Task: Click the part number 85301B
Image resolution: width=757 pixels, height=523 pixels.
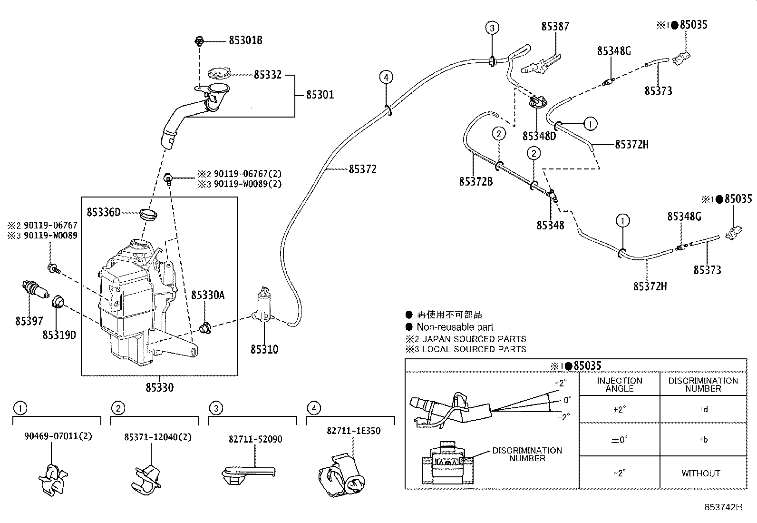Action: tap(245, 40)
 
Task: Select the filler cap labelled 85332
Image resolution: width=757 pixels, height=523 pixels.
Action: tap(219, 75)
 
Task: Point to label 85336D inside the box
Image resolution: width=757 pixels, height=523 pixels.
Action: tap(103, 211)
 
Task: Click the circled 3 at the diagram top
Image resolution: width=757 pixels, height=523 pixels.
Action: tap(492, 28)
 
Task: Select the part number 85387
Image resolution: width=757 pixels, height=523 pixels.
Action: tap(554, 26)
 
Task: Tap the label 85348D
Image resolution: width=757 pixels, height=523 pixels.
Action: tap(539, 136)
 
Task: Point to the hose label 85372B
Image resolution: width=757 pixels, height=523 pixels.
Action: tap(476, 181)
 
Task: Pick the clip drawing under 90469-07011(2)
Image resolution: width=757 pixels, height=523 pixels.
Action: tap(52, 478)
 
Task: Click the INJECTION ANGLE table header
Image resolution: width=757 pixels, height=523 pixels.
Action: tap(619, 384)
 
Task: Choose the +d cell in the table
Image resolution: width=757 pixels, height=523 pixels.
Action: tap(703, 409)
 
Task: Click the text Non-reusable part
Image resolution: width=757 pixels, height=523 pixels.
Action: tap(455, 327)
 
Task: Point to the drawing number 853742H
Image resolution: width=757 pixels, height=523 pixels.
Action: tap(723, 507)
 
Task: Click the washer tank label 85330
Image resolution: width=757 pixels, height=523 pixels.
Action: tap(159, 387)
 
